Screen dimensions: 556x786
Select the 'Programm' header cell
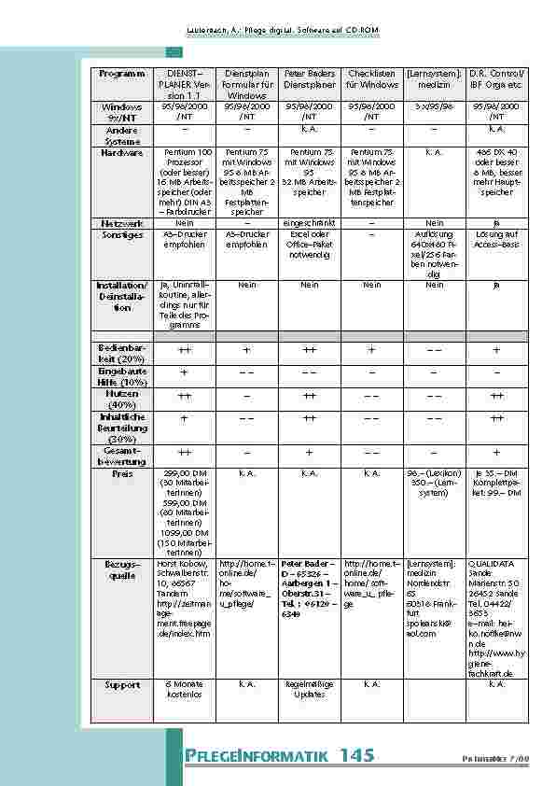pyautogui.click(x=122, y=73)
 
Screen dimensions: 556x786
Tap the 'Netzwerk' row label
pyautogui.click(x=122, y=223)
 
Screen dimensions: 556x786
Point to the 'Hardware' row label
pyautogui.click(x=122, y=151)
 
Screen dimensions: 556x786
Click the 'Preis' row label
pyautogui.click(x=122, y=473)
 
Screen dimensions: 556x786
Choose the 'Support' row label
pyautogui.click(x=122, y=684)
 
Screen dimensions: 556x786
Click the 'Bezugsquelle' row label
pyautogui.click(x=122, y=569)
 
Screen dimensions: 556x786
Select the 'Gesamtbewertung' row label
pyautogui.click(x=122, y=456)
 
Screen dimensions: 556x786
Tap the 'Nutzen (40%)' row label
pyautogui.click(x=122, y=400)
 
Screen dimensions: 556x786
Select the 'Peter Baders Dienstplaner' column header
pyautogui.click(x=309, y=78)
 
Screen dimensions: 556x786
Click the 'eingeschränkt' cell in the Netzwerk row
pyautogui.click(x=309, y=223)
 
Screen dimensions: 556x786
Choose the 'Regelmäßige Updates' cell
pyautogui.click(x=309, y=689)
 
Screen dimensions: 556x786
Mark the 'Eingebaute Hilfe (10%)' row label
pyautogui.click(x=122, y=376)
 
